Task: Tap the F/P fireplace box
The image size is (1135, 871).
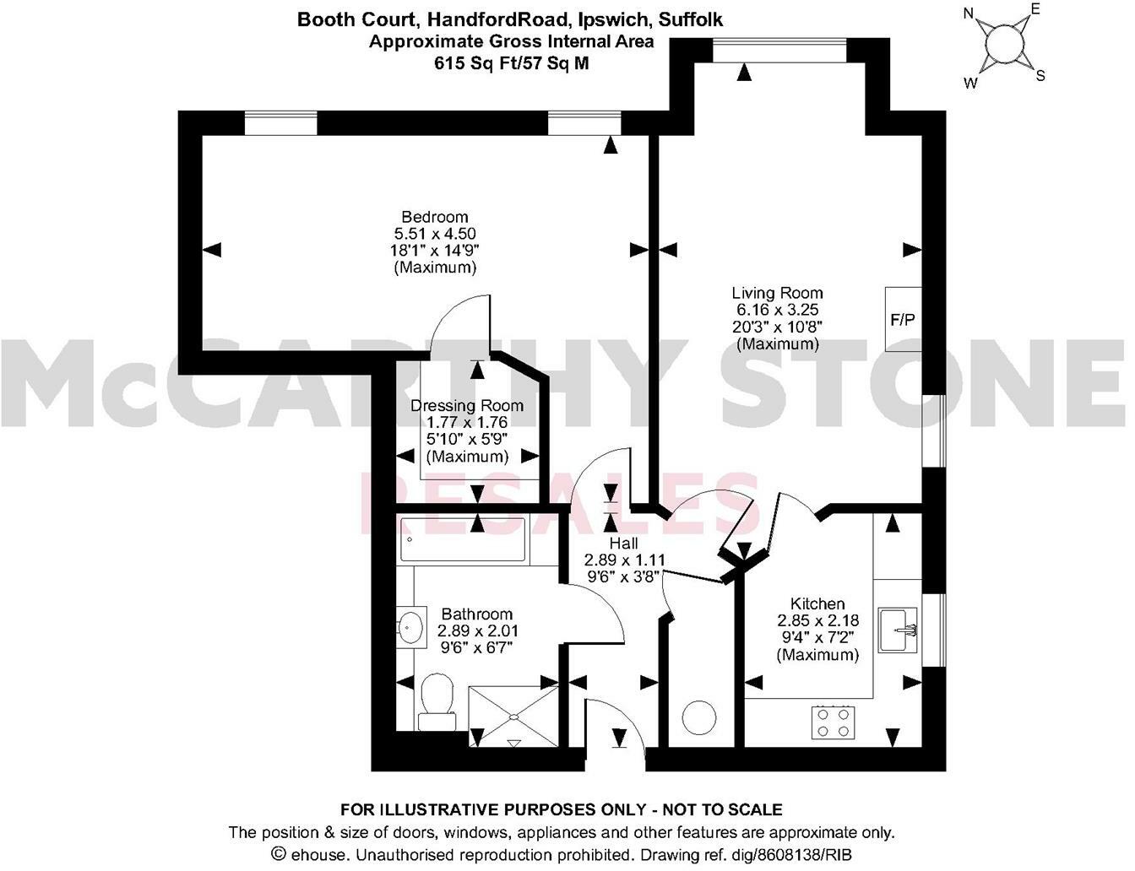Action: (903, 320)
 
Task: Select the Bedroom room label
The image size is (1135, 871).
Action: (434, 217)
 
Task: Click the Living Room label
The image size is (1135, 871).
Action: (777, 293)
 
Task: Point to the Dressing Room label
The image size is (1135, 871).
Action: (466, 406)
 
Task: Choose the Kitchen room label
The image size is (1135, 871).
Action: (817, 603)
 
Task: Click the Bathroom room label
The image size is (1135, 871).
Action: (476, 614)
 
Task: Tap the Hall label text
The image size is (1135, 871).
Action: (624, 544)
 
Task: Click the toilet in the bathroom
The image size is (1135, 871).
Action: (437, 700)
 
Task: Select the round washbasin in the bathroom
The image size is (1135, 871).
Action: (410, 627)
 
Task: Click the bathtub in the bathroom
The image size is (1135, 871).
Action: (463, 540)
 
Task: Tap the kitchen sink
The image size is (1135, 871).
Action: (899, 630)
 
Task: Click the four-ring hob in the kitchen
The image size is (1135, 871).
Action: (831, 722)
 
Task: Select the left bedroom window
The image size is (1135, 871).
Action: (280, 123)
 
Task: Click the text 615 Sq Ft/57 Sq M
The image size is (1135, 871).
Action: (511, 63)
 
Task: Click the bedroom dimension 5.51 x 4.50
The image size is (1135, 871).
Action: (434, 234)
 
